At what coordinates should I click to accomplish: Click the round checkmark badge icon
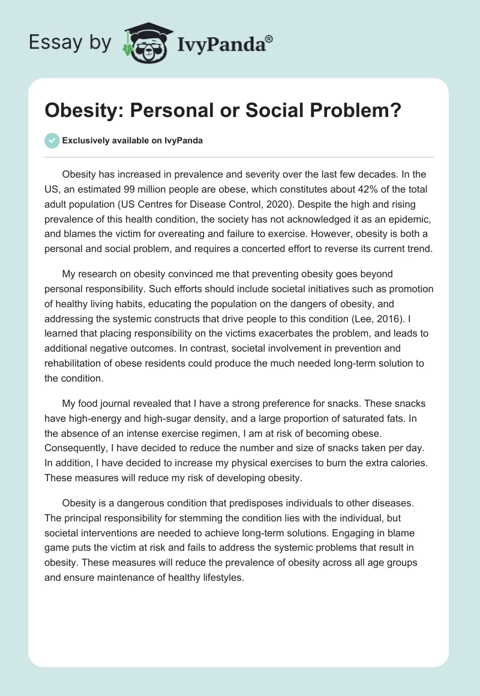(52, 140)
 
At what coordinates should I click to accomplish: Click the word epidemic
(410, 203)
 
